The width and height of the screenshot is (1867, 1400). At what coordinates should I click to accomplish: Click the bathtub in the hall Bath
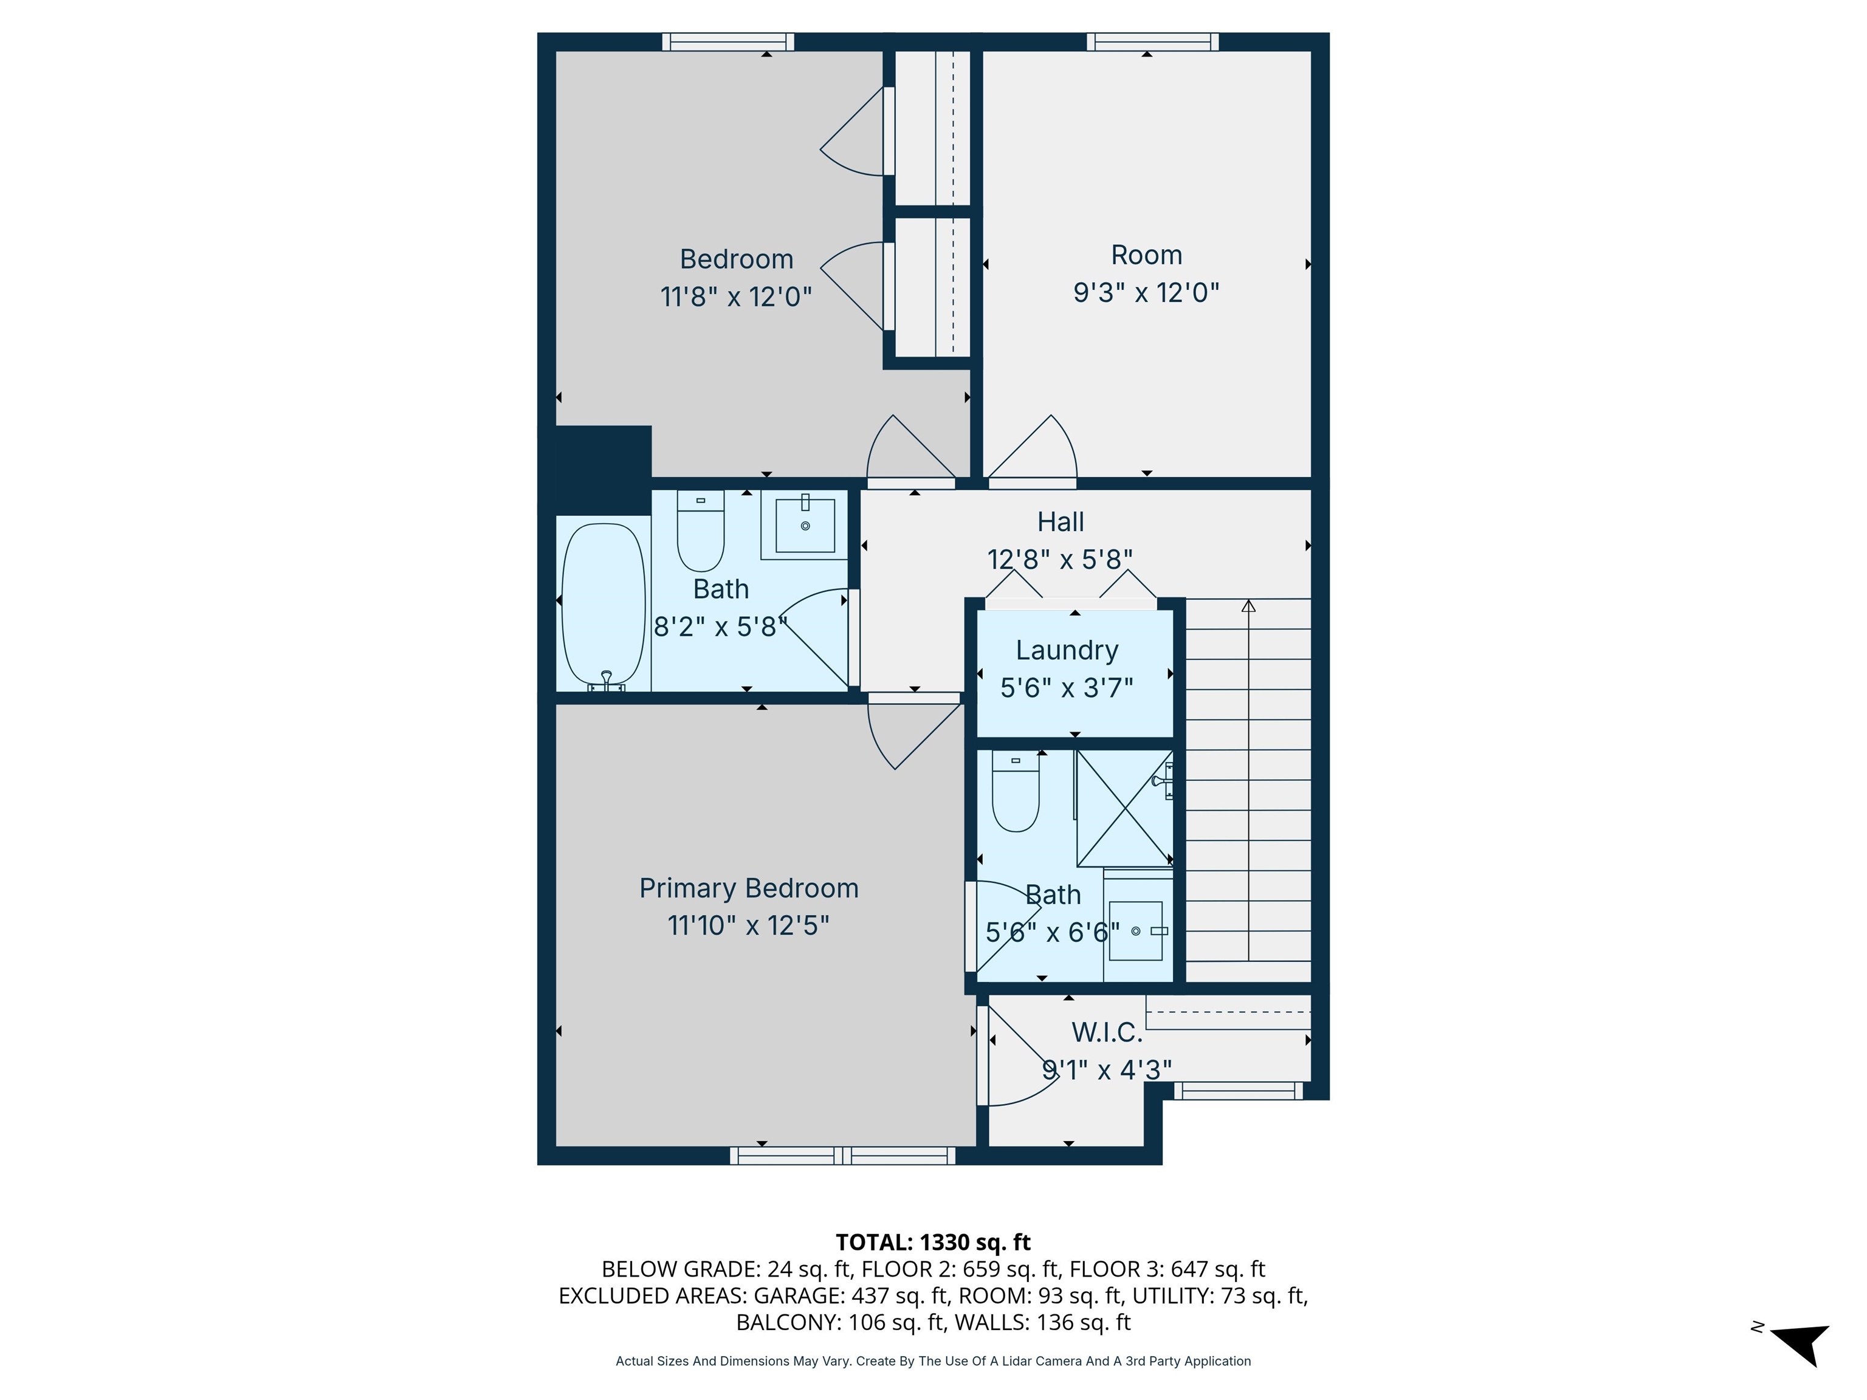(x=603, y=603)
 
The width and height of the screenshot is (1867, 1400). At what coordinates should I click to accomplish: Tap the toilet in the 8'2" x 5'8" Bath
(x=701, y=532)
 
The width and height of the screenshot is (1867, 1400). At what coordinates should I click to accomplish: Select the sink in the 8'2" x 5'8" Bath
(x=805, y=526)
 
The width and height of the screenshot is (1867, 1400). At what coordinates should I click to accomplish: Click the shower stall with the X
(x=1124, y=808)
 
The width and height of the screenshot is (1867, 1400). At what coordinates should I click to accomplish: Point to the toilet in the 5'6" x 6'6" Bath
(x=1016, y=793)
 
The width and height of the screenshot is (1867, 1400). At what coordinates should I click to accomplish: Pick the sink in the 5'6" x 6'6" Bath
(x=1135, y=931)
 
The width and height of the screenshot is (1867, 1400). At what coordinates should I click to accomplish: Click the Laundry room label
(x=1067, y=650)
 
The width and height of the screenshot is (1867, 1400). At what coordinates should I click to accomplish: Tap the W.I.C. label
(x=1107, y=1032)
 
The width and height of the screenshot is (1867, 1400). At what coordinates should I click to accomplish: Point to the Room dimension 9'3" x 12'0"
(x=1146, y=293)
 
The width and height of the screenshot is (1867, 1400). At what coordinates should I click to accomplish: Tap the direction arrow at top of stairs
(x=1248, y=606)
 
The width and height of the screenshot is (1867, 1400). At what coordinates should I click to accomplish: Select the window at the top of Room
(x=1152, y=42)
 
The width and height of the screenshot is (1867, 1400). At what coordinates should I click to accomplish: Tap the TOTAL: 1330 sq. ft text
(x=933, y=1242)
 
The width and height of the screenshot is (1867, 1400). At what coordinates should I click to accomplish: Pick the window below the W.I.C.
(x=1238, y=1091)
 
